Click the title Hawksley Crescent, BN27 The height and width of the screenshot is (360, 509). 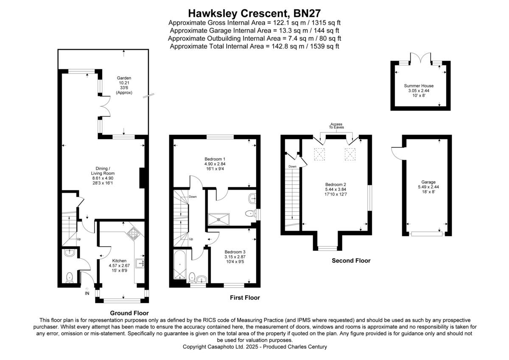click(x=254, y=14)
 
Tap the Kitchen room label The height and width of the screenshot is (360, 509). click(x=119, y=261)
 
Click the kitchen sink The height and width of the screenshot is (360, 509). click(x=140, y=263)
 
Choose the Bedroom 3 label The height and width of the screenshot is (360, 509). click(x=235, y=252)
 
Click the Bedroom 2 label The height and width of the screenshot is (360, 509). click(x=336, y=184)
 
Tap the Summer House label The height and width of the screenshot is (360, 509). click(x=419, y=86)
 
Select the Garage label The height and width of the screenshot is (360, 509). click(x=428, y=182)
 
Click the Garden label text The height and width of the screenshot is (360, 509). click(x=124, y=78)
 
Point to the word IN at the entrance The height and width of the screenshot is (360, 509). click(x=87, y=293)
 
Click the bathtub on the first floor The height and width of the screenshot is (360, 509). click(x=180, y=265)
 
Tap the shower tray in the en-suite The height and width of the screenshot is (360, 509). click(x=218, y=219)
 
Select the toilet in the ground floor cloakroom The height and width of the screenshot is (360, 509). click(x=69, y=278)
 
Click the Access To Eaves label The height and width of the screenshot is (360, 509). click(x=336, y=126)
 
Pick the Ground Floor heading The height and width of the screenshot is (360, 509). click(x=129, y=313)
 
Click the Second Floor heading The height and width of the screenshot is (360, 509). click(x=351, y=261)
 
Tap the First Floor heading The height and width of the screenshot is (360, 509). click(x=245, y=298)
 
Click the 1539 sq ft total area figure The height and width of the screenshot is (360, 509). click(x=324, y=46)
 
